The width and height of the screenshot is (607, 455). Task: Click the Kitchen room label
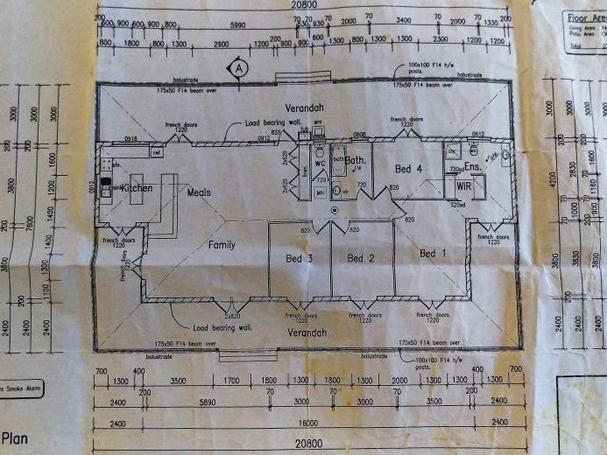coord(137,188)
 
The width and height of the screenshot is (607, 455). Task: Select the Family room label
coord(222,245)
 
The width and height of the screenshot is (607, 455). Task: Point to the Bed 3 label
coord(300,258)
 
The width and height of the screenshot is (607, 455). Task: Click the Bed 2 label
coord(361,258)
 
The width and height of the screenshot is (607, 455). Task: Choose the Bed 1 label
coord(433,254)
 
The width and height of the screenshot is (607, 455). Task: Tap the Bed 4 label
coord(408,169)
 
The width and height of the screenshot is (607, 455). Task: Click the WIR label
coord(464,185)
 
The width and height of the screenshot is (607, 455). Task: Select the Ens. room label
coord(472,165)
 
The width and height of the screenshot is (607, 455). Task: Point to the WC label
coord(320,164)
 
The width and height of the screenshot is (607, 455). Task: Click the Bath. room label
coord(355,161)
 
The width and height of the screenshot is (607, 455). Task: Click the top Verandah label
coord(305,108)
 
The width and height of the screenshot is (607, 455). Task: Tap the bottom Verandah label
coord(307,332)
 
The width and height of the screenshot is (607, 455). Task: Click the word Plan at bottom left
coord(16,437)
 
